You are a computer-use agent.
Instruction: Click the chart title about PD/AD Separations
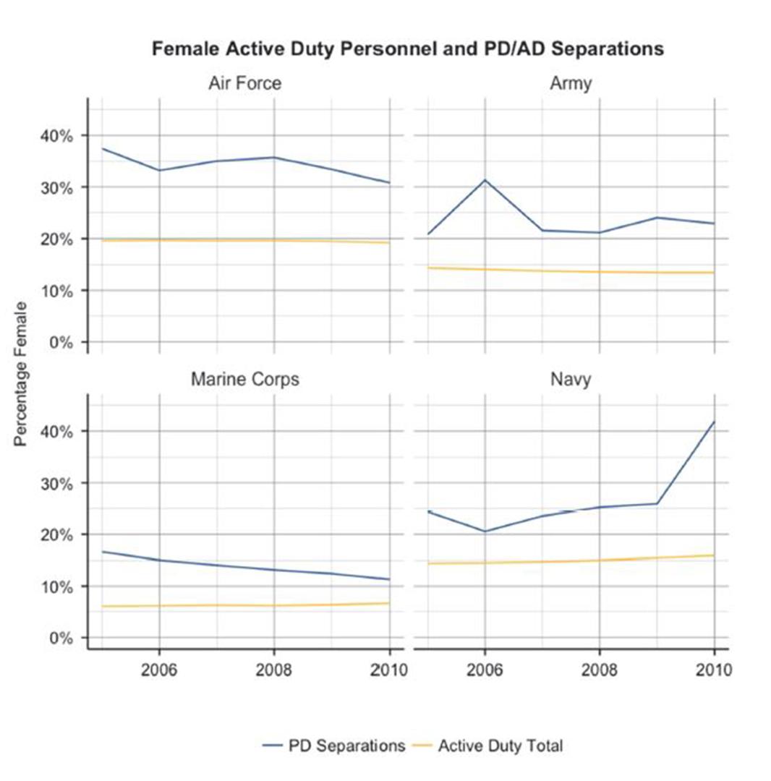[x=407, y=49]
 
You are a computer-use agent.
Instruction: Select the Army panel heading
[x=570, y=83]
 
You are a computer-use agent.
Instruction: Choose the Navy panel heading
[x=570, y=380]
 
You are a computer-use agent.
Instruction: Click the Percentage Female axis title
[x=21, y=375]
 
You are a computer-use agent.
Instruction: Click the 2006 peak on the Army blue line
[x=485, y=179]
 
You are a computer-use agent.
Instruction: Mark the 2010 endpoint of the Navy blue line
[x=714, y=422]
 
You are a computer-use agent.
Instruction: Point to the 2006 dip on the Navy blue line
[x=485, y=532]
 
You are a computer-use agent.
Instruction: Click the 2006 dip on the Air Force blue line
[x=159, y=170]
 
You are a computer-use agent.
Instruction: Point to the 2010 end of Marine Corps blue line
[x=389, y=579]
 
